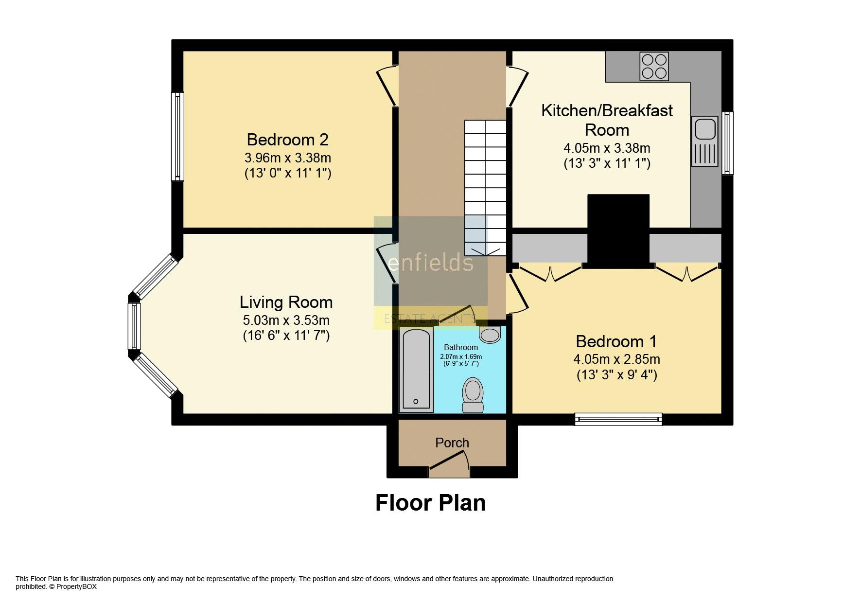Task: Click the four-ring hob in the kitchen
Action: click(654, 67)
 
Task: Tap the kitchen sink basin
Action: click(704, 129)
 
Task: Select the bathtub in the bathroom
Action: click(416, 369)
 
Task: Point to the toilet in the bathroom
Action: click(473, 395)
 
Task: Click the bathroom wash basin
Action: click(490, 335)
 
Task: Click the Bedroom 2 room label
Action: click(288, 140)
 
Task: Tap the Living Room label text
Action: click(286, 302)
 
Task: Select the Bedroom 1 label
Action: click(616, 341)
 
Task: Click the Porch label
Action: click(452, 443)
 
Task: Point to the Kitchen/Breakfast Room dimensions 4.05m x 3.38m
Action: click(607, 148)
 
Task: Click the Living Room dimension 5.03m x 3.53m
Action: click(286, 320)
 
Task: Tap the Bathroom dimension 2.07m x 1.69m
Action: click(461, 356)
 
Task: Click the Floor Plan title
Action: click(431, 503)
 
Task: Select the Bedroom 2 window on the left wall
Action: click(177, 136)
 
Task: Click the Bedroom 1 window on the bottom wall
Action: click(618, 419)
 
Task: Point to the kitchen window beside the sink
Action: click(727, 143)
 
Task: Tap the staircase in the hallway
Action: click(485, 188)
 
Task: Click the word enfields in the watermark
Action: click(431, 263)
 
